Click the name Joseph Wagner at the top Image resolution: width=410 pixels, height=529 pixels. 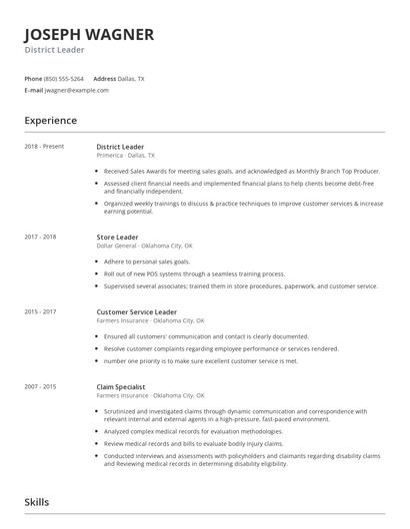(x=89, y=35)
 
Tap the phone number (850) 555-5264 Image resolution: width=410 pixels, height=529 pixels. (x=65, y=78)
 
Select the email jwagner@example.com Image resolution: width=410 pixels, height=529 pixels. (x=77, y=90)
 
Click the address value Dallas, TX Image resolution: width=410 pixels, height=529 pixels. (x=132, y=78)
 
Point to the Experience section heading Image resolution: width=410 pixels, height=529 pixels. (x=50, y=121)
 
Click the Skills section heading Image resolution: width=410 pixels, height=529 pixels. (x=37, y=502)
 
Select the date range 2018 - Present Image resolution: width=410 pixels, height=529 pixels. (x=44, y=147)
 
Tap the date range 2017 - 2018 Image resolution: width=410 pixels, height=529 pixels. (x=41, y=237)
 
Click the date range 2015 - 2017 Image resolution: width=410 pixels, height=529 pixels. (x=41, y=311)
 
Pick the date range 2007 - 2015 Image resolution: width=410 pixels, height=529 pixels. (x=41, y=386)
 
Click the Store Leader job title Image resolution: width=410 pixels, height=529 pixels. (x=118, y=237)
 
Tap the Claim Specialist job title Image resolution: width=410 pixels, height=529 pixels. (x=122, y=386)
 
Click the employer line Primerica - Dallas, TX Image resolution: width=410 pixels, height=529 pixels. (x=126, y=156)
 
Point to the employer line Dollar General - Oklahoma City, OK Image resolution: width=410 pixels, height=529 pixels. (x=145, y=246)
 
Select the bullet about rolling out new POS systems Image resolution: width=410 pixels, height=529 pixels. (x=194, y=272)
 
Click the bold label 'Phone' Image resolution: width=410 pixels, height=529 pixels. (x=33, y=78)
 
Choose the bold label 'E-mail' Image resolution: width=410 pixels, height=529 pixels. (x=34, y=90)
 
